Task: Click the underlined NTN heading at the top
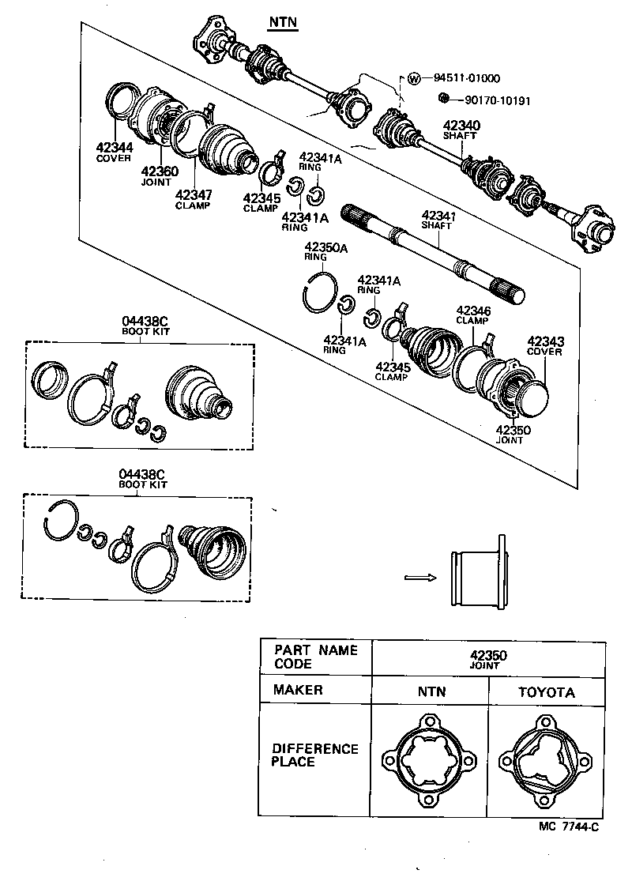pyautogui.click(x=284, y=22)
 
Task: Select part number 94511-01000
pyautogui.click(x=466, y=78)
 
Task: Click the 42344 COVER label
pyautogui.click(x=114, y=152)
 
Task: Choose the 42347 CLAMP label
pyautogui.click(x=193, y=199)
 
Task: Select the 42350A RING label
pyautogui.click(x=326, y=251)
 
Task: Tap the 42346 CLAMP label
pyautogui.click(x=473, y=316)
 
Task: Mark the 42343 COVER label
pyautogui.click(x=544, y=346)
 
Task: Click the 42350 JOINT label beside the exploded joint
pyautogui.click(x=513, y=435)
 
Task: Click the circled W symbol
pyautogui.click(x=414, y=78)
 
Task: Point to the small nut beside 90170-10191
pyautogui.click(x=445, y=99)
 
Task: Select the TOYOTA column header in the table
pyautogui.click(x=546, y=692)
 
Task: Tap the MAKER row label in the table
pyautogui.click(x=298, y=690)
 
